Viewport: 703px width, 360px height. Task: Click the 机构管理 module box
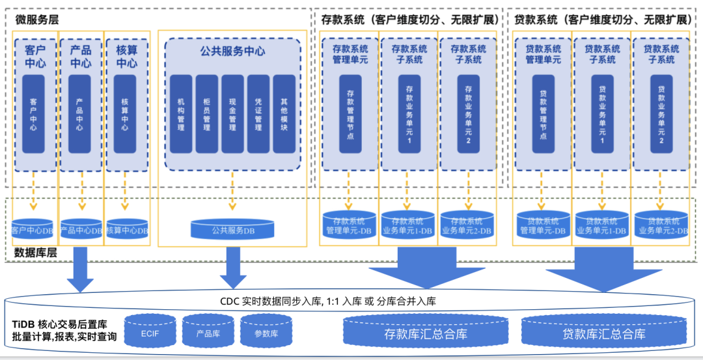coord(181,114)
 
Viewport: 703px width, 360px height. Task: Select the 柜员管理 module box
coord(206,114)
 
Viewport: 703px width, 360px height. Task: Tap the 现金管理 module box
coord(232,114)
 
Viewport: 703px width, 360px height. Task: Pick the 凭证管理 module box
coord(258,114)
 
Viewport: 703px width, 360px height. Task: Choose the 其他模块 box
coord(284,114)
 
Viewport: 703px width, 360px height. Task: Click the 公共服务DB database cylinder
coord(232,229)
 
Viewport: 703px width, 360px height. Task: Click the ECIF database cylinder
coord(149,332)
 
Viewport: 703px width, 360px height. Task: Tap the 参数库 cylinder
coord(266,332)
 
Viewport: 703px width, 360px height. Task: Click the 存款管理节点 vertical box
coord(350,114)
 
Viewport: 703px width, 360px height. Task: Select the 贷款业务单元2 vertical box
coord(661,114)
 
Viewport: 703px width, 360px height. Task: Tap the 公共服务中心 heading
coord(232,51)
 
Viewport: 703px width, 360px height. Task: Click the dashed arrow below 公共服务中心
coord(232,192)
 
